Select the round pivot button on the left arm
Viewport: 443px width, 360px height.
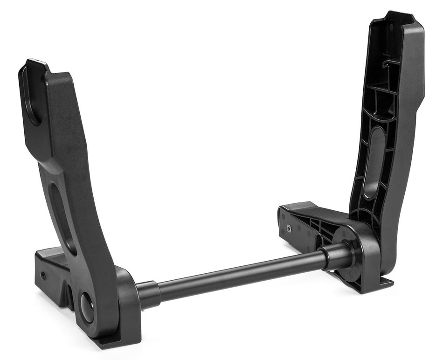coord(87,308)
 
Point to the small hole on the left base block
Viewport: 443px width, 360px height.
coord(43,275)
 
